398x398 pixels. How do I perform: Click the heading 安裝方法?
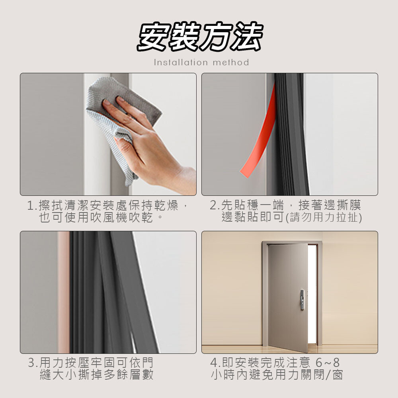point(199,36)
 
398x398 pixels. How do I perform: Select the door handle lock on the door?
point(302,300)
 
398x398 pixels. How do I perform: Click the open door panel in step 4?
point(288,297)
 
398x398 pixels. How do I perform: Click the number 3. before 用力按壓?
point(33,363)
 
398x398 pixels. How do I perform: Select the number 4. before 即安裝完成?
point(215,363)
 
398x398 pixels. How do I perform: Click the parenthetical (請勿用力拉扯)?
point(324,218)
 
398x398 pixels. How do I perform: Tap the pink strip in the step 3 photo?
point(63,292)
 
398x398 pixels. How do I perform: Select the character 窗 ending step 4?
point(338,375)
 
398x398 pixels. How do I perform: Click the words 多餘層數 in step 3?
point(129,375)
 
